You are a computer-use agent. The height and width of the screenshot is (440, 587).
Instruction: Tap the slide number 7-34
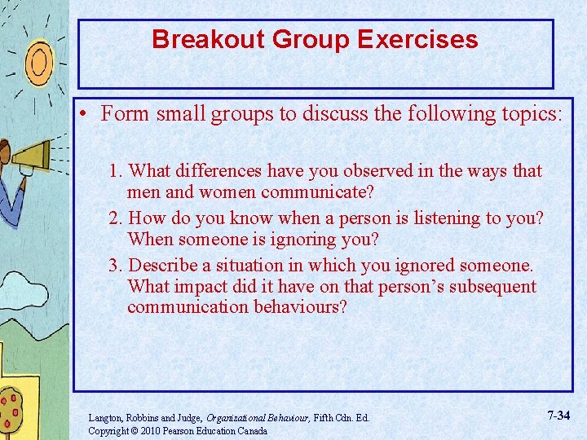click(x=558, y=416)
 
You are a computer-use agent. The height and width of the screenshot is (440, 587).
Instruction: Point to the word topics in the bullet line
click(x=527, y=113)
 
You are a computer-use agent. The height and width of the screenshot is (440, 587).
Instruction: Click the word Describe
click(x=164, y=265)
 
